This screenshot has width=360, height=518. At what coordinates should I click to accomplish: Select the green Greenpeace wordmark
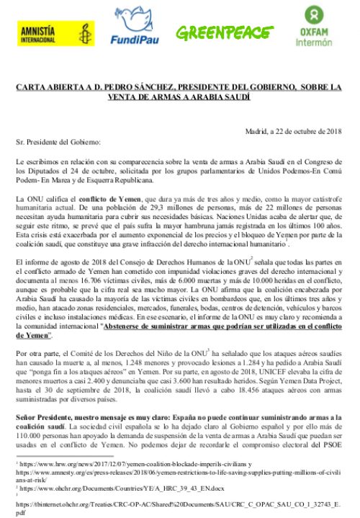click(220, 31)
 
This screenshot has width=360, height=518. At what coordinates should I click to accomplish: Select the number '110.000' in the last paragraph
click(30, 435)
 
